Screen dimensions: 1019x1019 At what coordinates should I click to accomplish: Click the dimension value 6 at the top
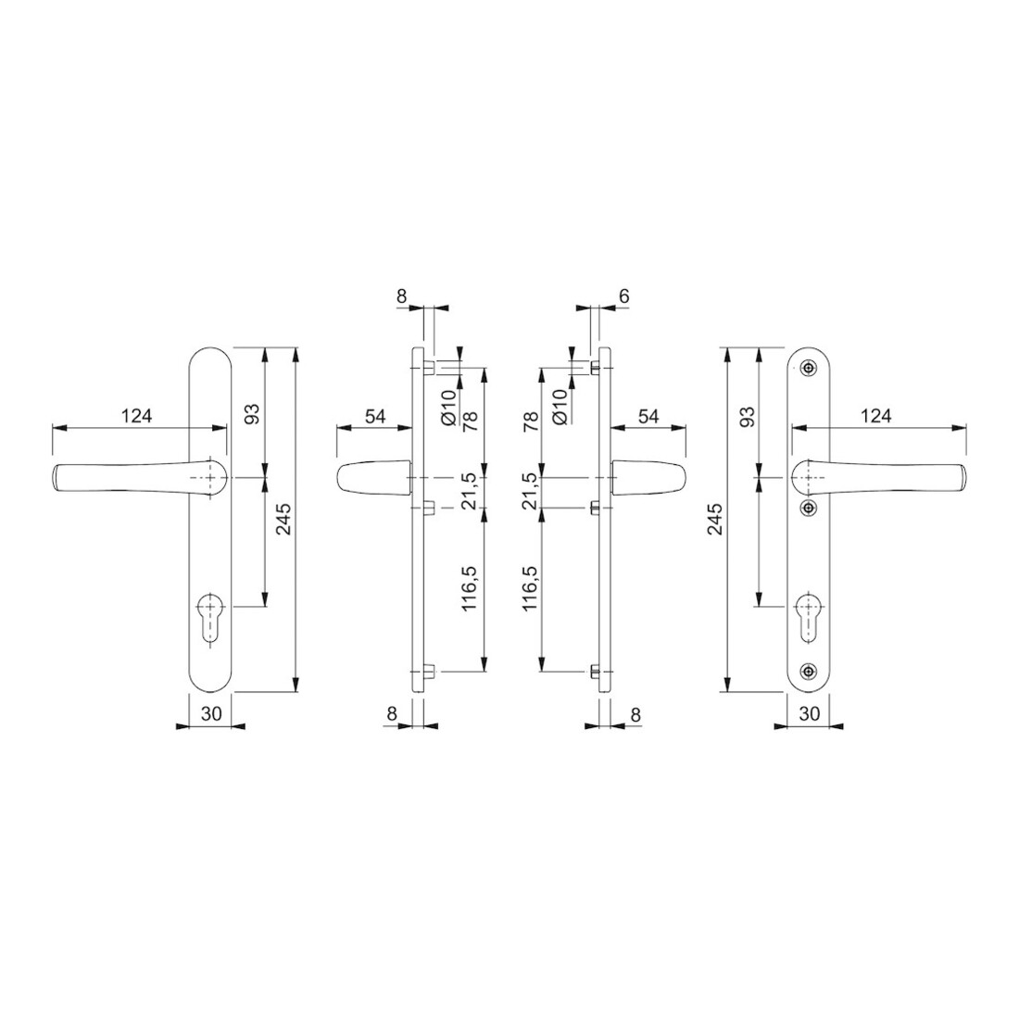(x=623, y=296)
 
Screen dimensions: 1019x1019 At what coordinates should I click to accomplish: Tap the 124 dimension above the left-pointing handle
(x=136, y=415)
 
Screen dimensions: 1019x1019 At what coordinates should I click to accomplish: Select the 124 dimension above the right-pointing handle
(x=875, y=415)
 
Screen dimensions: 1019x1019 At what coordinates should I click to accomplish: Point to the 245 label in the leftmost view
(x=284, y=520)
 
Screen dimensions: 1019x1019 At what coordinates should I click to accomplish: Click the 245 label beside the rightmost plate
(x=714, y=520)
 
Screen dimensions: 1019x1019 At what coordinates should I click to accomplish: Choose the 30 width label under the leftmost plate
(x=211, y=713)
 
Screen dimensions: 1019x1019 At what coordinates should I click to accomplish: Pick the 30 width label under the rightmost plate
(x=809, y=713)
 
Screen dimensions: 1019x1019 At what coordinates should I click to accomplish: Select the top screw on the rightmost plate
(x=809, y=368)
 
